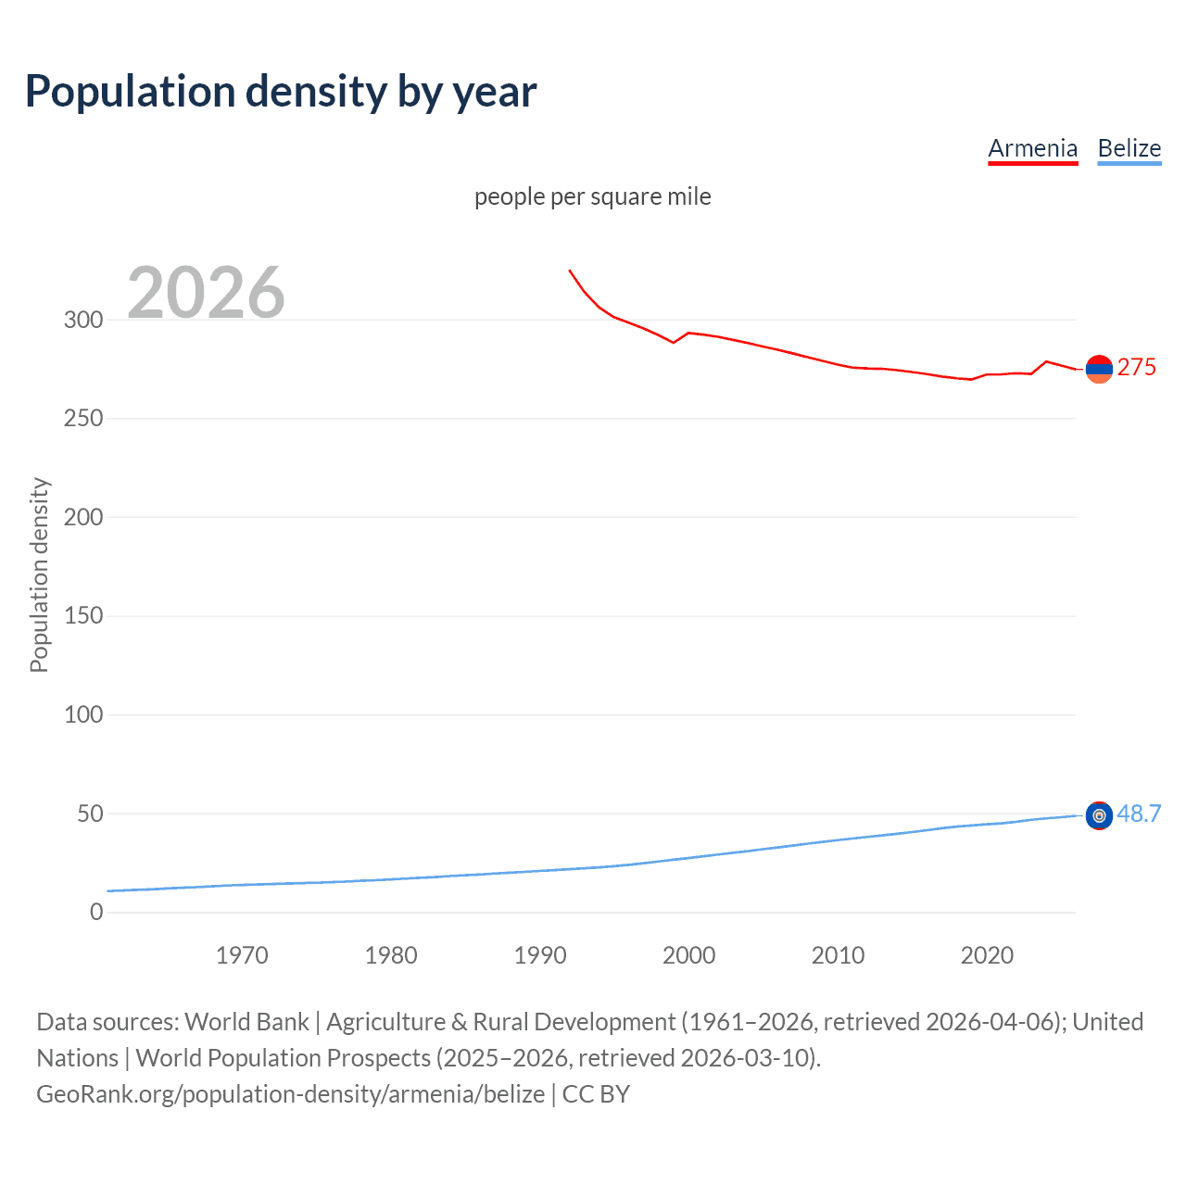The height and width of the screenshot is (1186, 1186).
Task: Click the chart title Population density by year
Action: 281,92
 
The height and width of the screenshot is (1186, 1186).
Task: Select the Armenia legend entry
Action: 1032,148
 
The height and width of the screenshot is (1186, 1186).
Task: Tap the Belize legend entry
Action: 1129,148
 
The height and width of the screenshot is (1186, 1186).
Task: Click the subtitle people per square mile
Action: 592,196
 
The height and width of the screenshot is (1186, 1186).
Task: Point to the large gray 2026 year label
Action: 206,293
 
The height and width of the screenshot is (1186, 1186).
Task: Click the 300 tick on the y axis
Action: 83,320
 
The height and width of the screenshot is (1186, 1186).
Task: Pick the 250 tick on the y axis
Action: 83,418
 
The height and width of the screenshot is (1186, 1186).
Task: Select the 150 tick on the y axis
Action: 83,615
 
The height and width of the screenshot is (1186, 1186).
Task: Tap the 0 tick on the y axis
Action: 96,912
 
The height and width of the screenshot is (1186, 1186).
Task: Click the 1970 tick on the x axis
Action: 242,955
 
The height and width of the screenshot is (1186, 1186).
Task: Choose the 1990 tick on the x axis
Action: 540,955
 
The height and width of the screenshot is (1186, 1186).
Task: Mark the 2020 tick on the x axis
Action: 987,955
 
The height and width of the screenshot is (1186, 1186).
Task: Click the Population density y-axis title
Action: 39,574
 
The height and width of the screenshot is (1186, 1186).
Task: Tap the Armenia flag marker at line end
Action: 1099,369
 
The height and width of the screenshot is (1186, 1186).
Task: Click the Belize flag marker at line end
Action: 1099,815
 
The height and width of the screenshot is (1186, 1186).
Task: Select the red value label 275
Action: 1136,368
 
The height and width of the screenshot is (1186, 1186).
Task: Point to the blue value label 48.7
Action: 1139,814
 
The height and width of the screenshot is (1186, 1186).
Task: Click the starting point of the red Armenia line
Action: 569,271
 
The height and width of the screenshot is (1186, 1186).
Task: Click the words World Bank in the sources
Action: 246,1021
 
